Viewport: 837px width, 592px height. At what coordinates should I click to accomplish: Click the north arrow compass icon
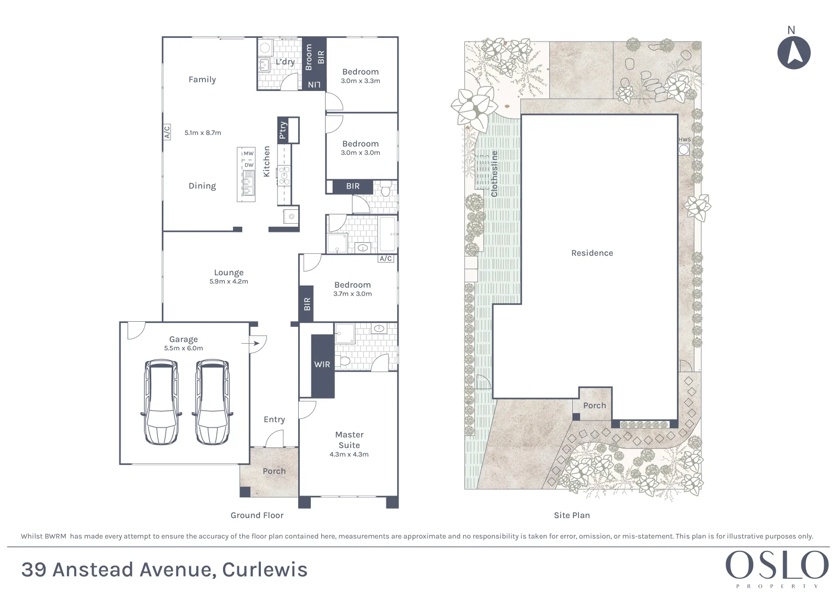pos(794,53)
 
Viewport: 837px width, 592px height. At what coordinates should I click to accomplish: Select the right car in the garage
pos(212,402)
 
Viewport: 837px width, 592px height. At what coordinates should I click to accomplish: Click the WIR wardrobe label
pos(322,365)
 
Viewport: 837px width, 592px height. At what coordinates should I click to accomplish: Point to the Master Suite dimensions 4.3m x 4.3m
pos(349,454)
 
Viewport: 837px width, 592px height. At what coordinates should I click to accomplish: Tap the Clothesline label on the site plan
pos(494,174)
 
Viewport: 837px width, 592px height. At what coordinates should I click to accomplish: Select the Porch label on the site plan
pos(595,406)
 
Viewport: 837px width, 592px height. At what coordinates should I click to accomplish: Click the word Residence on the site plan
pos(592,253)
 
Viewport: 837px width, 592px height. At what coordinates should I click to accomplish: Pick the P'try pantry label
pos(283,130)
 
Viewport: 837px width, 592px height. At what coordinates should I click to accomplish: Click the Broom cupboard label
pos(309,58)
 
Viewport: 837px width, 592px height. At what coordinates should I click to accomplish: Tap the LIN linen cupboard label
pos(314,84)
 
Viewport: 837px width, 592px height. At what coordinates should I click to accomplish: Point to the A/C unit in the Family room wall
pos(167,132)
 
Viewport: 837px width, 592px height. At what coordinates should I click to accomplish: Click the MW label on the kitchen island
pos(248,153)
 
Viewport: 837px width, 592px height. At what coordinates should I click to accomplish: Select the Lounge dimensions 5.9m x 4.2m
pos(229,282)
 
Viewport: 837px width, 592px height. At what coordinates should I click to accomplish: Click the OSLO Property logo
pos(777,568)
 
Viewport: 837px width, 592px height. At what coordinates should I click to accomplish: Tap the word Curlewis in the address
pos(265,570)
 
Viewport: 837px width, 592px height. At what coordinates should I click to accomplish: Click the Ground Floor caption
pos(257,515)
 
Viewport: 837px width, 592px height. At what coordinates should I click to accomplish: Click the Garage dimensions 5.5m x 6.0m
pos(184,348)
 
